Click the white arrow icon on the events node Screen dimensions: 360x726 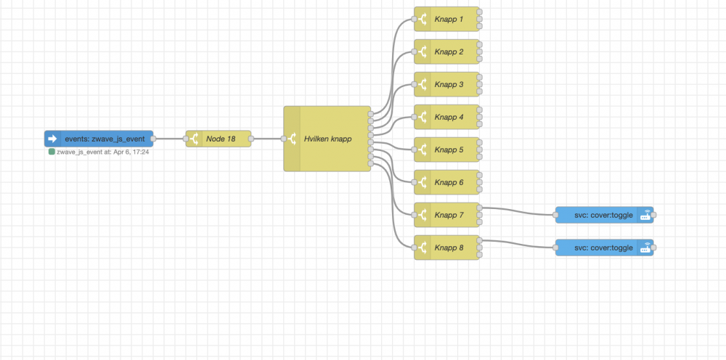click(x=52, y=138)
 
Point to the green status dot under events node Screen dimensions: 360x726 click(x=51, y=152)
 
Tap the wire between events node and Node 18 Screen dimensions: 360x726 click(x=169, y=139)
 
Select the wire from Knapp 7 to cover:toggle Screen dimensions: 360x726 click(x=519, y=212)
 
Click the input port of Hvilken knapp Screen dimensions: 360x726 click(x=283, y=139)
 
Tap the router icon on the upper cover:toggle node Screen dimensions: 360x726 click(x=645, y=215)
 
